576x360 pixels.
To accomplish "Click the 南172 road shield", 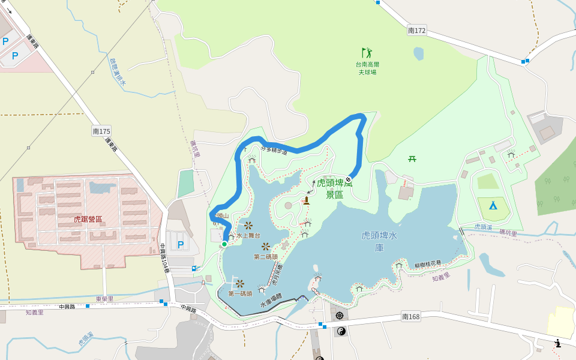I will coord(416,30).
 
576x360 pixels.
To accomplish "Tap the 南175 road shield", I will coord(101,130).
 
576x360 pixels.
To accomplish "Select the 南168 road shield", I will coord(411,316).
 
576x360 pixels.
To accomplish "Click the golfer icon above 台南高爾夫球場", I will coord(367,53).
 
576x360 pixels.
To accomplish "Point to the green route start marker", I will coord(224,244).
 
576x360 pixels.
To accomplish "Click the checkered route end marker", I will coord(348,179).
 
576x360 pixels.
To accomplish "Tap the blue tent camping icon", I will coord(493,205).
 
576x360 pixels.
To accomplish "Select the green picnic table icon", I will coord(412,159).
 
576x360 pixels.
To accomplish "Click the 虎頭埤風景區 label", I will coord(334,188).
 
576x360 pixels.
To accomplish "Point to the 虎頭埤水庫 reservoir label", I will coord(379,241).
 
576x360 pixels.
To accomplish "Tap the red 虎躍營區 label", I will coord(88,220).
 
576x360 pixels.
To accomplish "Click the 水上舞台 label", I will coord(248,236).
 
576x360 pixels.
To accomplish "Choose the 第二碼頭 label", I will coord(266,257).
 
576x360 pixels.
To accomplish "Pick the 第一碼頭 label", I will coord(240,293).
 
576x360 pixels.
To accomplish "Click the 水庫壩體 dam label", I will coord(271,304).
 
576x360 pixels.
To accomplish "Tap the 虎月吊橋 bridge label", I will coord(277,275).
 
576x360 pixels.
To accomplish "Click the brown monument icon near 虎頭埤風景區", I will coord(306,200).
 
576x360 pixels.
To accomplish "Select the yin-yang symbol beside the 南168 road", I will coord(341,331).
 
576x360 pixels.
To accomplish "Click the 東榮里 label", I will coord(104,298).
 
